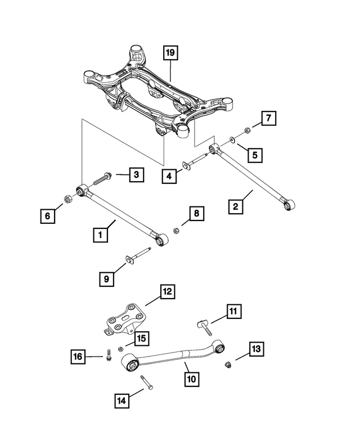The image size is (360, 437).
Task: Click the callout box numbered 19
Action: click(170, 53)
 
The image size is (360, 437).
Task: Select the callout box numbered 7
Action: click(268, 119)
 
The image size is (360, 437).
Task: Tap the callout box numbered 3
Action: click(136, 175)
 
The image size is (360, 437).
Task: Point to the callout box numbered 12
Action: click(167, 292)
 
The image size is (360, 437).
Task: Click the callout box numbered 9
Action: click(106, 277)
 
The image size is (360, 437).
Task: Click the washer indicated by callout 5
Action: click(232, 139)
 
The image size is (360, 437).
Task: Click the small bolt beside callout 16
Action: click(107, 357)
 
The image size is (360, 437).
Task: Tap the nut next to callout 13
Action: click(227, 366)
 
